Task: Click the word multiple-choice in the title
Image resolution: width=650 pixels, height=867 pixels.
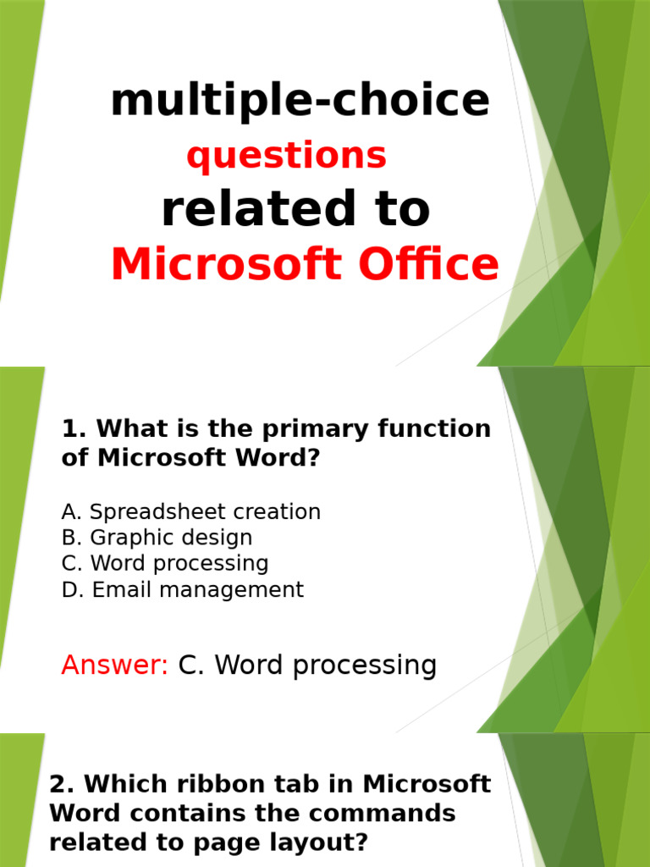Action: pyautogui.click(x=300, y=102)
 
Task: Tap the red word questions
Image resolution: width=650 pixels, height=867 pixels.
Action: pyautogui.click(x=286, y=156)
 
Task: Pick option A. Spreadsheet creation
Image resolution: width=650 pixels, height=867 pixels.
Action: pyautogui.click(x=191, y=512)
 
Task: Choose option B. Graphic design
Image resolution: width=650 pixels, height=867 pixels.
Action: pyautogui.click(x=157, y=538)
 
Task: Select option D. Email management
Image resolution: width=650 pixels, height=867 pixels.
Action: pyautogui.click(x=182, y=590)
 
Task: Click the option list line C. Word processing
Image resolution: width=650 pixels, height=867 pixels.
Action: pyautogui.click(x=165, y=564)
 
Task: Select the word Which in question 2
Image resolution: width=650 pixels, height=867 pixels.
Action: pyautogui.click(x=121, y=785)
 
